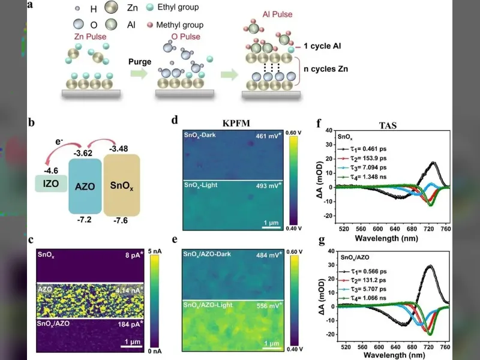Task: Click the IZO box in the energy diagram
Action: [51, 184]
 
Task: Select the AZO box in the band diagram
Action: [85, 186]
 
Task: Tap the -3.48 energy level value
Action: [118, 149]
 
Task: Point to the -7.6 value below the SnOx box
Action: [121, 220]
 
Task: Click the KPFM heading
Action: [236, 123]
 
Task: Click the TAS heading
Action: [388, 125]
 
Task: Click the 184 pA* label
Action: [131, 324]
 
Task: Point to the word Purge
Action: [140, 62]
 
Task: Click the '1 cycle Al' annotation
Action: [322, 46]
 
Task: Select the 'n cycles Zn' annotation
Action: [326, 69]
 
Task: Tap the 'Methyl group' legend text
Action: [179, 25]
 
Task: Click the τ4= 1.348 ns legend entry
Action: [362, 177]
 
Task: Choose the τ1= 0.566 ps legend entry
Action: [363, 272]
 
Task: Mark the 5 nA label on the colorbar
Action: [155, 251]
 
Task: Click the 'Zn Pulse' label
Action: [91, 37]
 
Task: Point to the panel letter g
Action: [322, 241]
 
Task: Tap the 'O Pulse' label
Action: [186, 37]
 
